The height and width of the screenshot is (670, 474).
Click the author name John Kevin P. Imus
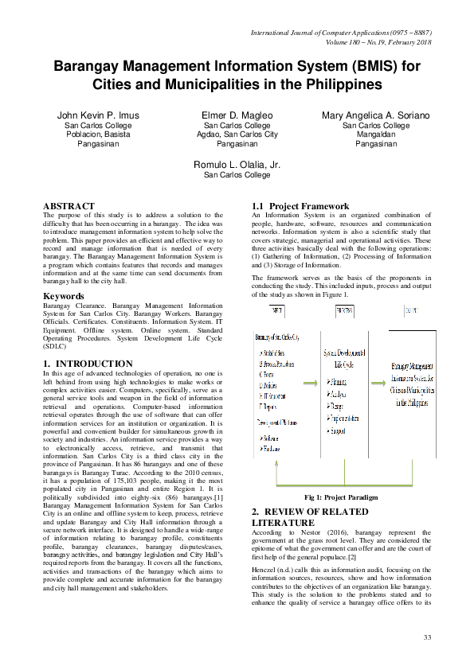[x=98, y=115]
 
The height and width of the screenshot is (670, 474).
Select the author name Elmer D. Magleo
[x=237, y=115]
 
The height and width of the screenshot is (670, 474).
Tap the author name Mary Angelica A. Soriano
[x=376, y=115]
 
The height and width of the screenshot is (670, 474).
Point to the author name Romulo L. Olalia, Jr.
[x=237, y=164]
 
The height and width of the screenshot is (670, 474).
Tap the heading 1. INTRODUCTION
[x=88, y=364]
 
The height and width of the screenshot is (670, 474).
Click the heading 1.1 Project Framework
[x=300, y=206]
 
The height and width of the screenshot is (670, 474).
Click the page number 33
[x=427, y=637]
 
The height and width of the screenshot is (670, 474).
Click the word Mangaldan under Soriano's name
[x=376, y=135]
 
